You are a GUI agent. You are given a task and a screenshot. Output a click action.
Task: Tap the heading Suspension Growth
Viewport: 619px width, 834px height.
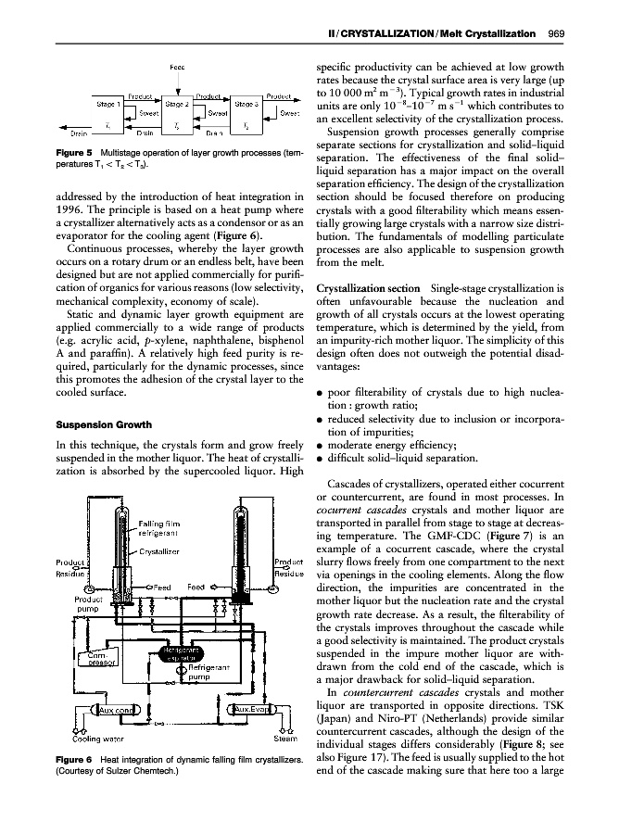[x=75, y=427]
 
